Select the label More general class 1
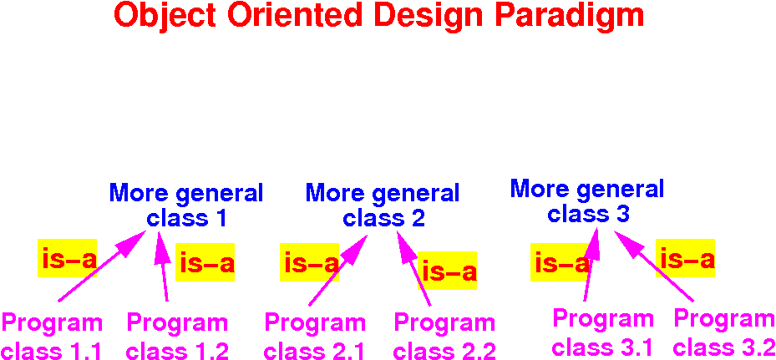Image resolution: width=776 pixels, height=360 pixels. (186, 205)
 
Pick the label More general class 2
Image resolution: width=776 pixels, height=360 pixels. (383, 205)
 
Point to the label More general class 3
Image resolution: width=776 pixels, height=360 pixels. (587, 200)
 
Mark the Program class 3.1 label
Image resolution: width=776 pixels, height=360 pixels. (603, 332)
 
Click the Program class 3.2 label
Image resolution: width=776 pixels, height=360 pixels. (723, 332)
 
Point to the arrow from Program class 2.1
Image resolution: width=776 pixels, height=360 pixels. (338, 271)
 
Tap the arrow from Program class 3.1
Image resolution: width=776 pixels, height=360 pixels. (591, 265)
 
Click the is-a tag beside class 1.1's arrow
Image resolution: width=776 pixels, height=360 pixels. (68, 258)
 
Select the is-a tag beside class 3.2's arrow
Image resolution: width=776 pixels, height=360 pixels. (686, 258)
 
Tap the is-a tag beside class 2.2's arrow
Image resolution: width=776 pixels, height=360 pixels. (448, 271)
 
